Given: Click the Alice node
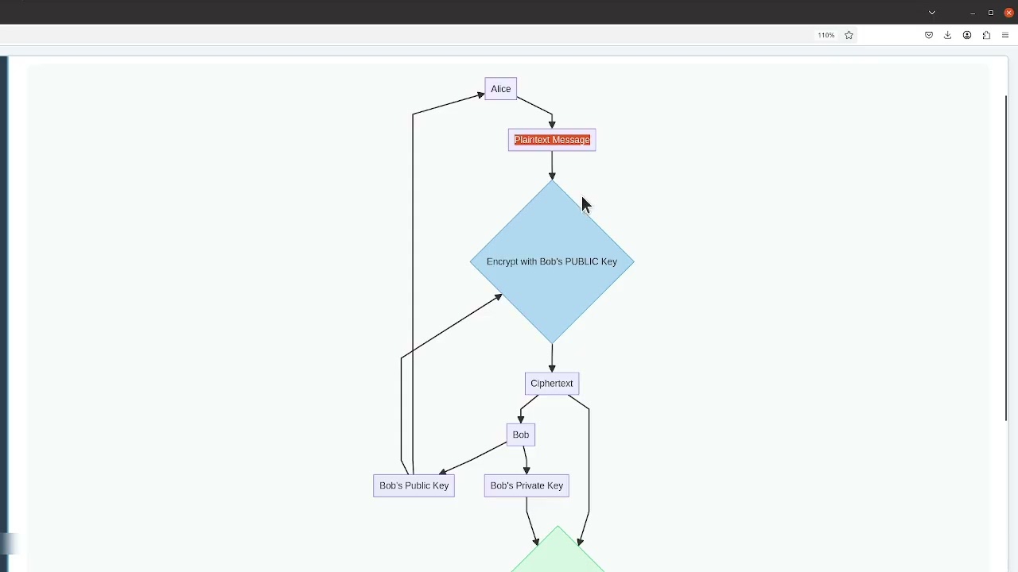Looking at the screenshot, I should tap(500, 89).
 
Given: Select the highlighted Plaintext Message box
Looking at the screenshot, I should tap(552, 140).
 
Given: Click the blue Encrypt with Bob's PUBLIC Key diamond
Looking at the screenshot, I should tap(552, 261).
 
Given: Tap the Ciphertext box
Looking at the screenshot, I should tap(552, 384).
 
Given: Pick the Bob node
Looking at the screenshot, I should tap(521, 435).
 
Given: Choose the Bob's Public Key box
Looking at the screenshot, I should tap(414, 485).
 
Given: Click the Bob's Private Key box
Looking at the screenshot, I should tap(526, 485).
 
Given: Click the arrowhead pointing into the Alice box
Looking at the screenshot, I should tap(480, 95).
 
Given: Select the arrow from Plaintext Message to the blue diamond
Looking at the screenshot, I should tap(552, 165).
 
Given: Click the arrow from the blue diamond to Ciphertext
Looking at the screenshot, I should tap(552, 358).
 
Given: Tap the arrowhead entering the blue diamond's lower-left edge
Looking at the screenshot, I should tap(498, 297).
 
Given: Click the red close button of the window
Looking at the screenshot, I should tap(1008, 13).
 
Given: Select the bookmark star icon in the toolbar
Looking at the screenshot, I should tap(849, 35).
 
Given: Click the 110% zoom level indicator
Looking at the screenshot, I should tap(826, 35).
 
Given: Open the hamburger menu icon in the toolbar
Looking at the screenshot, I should tap(1005, 35).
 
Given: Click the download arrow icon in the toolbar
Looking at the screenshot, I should tap(947, 35).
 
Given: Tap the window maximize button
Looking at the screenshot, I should tap(991, 13).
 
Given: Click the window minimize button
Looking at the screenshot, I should tap(973, 13).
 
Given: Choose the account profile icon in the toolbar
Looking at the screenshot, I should tap(967, 35).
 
